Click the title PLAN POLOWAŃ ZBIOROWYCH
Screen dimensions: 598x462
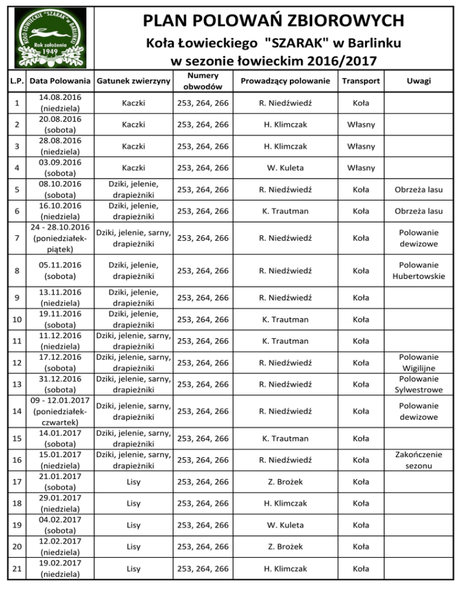click(x=273, y=21)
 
